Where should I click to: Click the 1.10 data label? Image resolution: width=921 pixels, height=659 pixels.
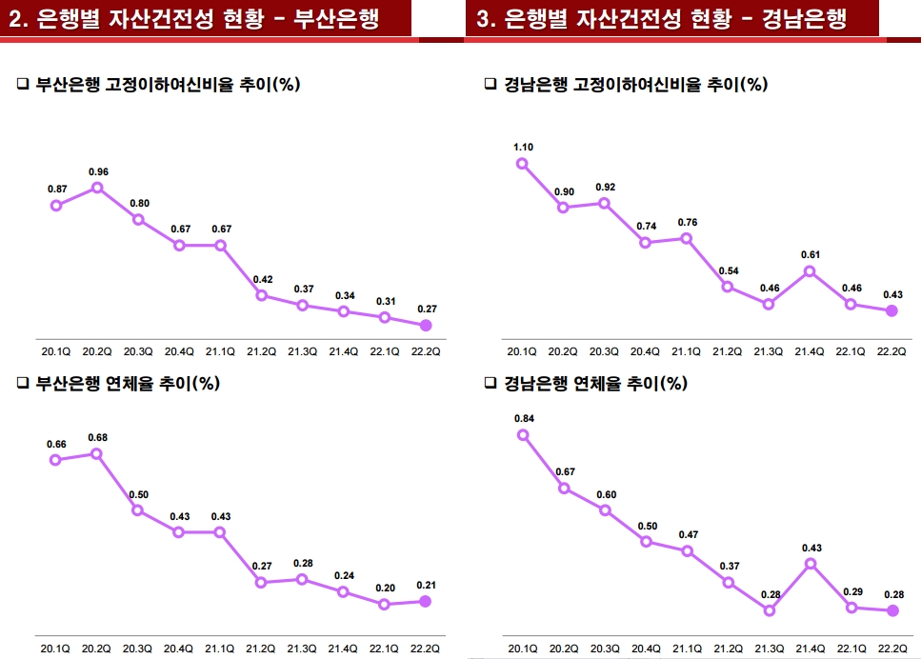(x=523, y=147)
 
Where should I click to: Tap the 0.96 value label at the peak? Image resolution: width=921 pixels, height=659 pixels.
(x=98, y=171)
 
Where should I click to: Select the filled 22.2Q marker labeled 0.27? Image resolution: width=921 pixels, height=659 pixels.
(x=426, y=326)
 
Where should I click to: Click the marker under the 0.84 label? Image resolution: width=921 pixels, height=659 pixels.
(x=523, y=435)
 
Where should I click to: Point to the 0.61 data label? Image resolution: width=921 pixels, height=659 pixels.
(x=811, y=254)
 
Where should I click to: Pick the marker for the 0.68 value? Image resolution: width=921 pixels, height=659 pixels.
(x=97, y=453)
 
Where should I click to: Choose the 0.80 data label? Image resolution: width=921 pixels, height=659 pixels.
(x=139, y=203)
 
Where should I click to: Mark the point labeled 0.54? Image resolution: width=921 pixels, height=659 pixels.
(x=728, y=287)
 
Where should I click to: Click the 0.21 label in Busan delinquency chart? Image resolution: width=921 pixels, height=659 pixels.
(x=425, y=585)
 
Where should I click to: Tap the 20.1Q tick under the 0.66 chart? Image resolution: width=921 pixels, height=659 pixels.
(x=56, y=649)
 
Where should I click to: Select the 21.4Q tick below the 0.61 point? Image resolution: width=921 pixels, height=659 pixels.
(x=810, y=351)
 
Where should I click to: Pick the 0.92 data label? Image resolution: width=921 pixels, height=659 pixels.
(x=605, y=187)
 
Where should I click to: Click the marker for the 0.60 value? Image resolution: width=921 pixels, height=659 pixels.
(x=605, y=510)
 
